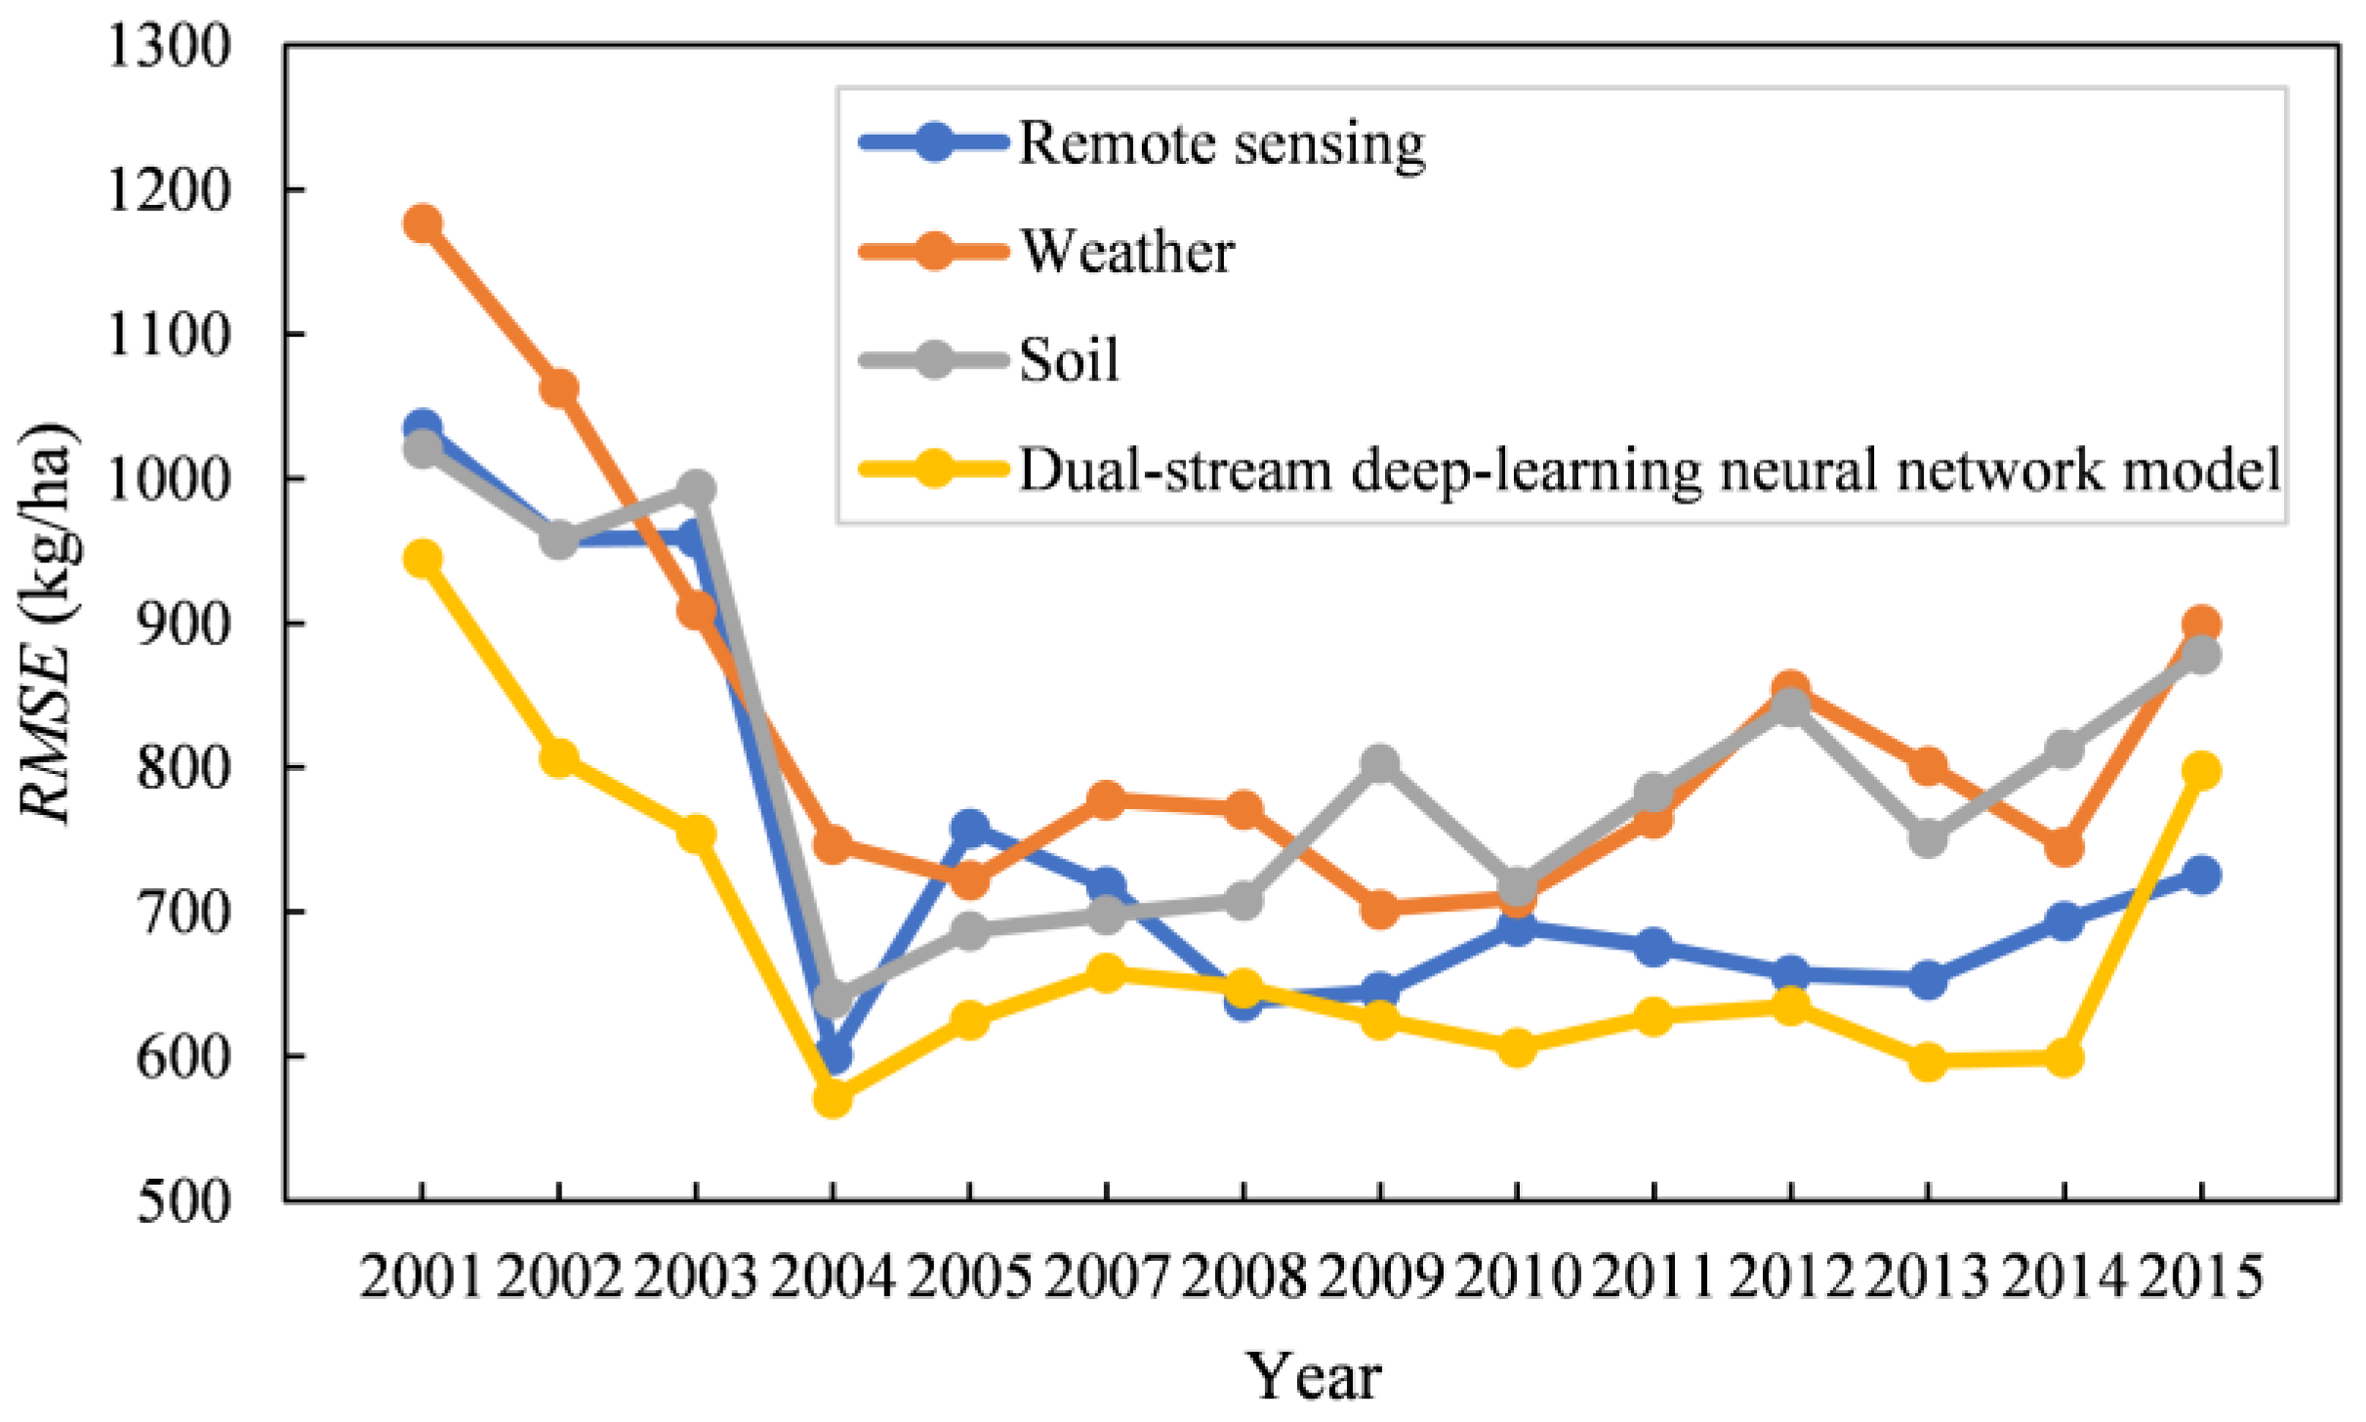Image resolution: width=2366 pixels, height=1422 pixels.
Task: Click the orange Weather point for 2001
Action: [x=422, y=223]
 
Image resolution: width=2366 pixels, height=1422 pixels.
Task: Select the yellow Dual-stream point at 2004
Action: [x=832, y=1098]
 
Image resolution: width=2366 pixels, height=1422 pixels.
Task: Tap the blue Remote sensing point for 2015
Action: [x=2201, y=874]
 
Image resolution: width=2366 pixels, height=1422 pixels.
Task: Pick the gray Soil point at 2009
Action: [x=1379, y=764]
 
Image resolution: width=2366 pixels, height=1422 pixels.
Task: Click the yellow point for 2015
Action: [x=2201, y=771]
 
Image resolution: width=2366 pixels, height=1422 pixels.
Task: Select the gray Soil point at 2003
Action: [x=696, y=488]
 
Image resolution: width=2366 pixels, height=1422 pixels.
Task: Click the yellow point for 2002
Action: [x=558, y=757]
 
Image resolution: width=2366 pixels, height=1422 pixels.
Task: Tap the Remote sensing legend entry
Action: [x=1221, y=143]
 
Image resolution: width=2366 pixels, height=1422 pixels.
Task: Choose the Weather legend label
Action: [x=1127, y=252]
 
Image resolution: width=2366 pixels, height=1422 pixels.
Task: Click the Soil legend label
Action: [x=1069, y=360]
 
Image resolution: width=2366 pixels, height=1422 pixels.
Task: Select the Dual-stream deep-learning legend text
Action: [x=1650, y=469]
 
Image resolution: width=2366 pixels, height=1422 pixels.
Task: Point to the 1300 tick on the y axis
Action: [x=169, y=45]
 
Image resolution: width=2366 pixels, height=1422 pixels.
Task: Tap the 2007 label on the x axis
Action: [x=1106, y=1276]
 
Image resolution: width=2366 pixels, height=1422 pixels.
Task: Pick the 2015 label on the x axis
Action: [x=2201, y=1276]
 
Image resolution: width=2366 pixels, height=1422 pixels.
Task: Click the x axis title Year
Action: [x=1313, y=1376]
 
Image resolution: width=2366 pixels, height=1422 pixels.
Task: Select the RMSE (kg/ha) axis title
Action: [x=47, y=625]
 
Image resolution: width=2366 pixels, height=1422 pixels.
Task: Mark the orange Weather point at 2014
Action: [x=2063, y=847]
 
